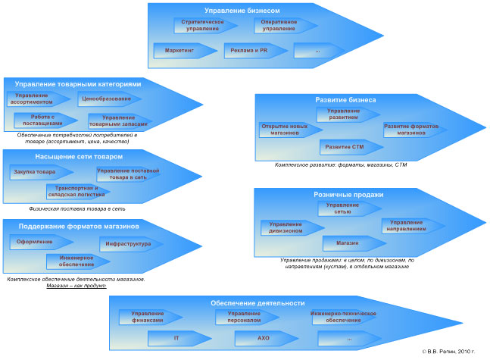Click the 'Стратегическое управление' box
click(x=204, y=26)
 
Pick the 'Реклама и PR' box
click(x=248, y=51)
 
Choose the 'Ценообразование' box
click(x=107, y=99)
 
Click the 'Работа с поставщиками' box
click(x=42, y=119)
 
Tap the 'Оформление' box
click(x=36, y=243)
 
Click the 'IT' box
click(x=176, y=338)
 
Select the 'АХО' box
click(x=263, y=338)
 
